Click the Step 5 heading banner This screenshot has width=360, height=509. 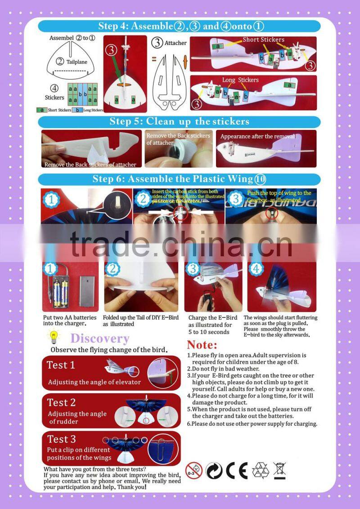pos(179,121)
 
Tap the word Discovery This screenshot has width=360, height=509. pos(99,339)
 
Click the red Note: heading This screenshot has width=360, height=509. pos(202,345)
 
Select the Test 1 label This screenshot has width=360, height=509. pos(61,365)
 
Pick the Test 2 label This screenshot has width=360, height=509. pos(62,402)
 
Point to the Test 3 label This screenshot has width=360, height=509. pos(62,439)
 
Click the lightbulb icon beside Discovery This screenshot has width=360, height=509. pos(54,337)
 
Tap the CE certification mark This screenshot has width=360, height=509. pos(236,470)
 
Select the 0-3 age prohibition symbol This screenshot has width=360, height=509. pos(194,470)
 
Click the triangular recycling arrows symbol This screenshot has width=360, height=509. pos(260,470)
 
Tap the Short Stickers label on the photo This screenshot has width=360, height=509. pos(263,40)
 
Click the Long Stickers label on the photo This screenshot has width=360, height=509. pos(240,80)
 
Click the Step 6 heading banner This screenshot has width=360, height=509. pos(179,179)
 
